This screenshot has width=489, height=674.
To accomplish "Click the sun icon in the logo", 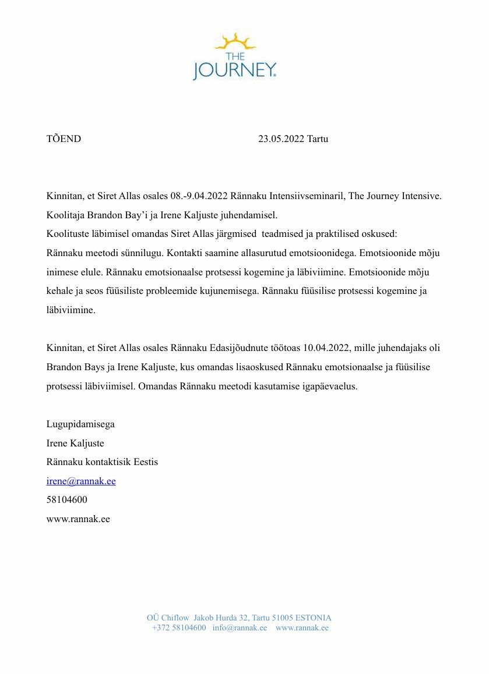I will [x=235, y=43].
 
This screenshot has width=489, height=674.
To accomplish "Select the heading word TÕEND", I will [x=64, y=139].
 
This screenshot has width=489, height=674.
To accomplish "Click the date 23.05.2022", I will [x=281, y=139].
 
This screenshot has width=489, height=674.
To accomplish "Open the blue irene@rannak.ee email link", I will [x=81, y=481].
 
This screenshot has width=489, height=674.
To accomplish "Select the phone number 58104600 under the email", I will [x=67, y=500].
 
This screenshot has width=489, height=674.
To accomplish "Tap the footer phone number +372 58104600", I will [x=179, y=627].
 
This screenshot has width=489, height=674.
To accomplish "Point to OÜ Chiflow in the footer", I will [x=168, y=618].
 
